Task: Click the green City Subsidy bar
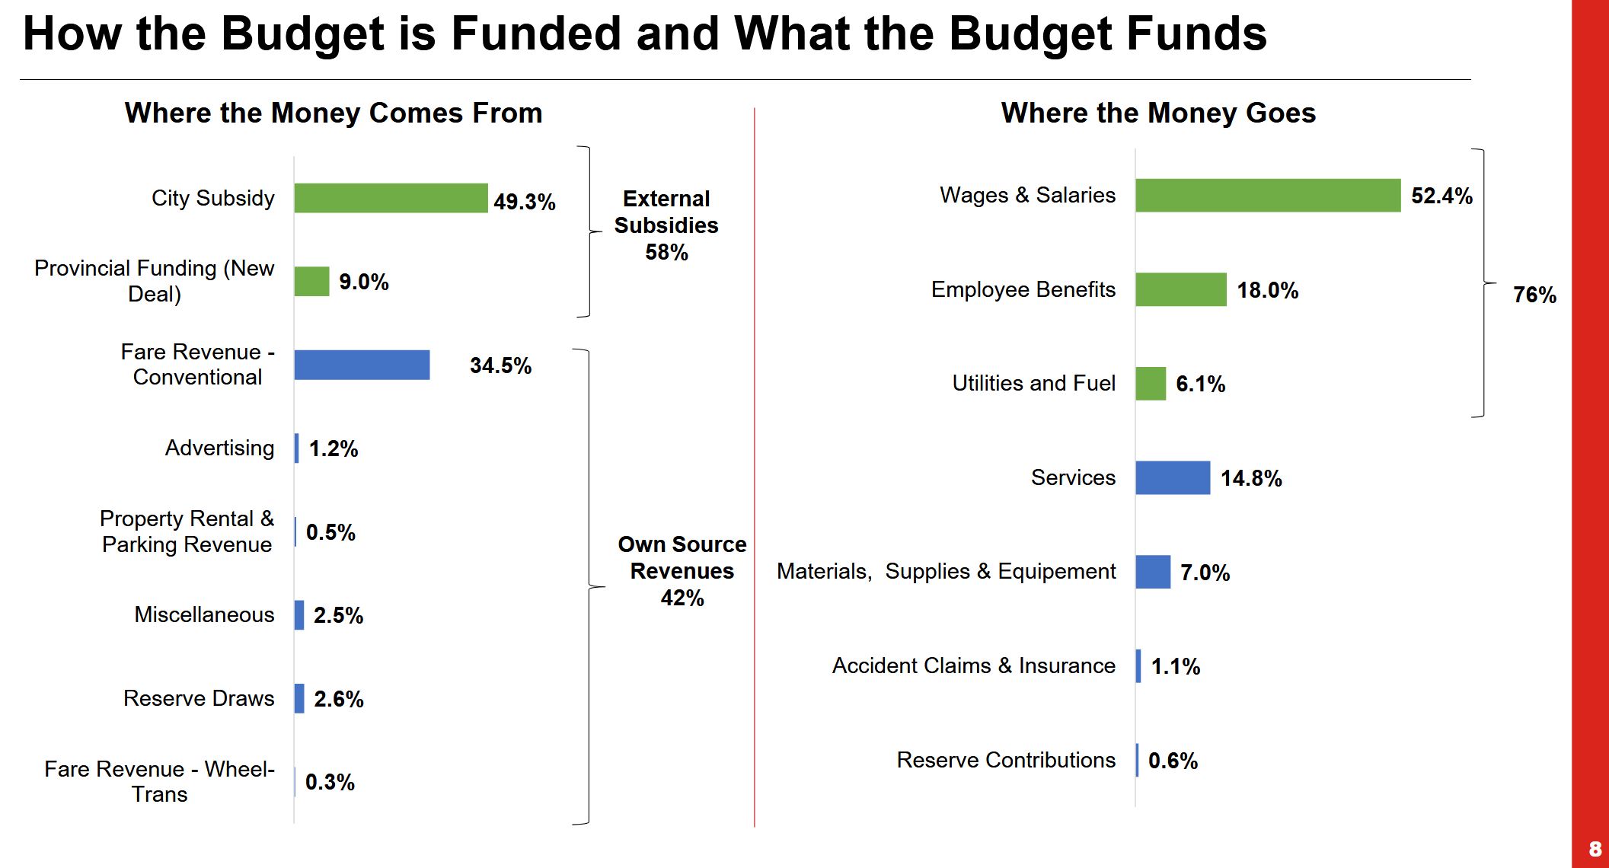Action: (x=391, y=198)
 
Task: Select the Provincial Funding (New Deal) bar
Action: (x=311, y=282)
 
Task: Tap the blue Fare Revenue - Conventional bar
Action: (x=362, y=365)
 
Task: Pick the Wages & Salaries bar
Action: (x=1267, y=196)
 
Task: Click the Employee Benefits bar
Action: (x=1180, y=290)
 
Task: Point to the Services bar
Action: (x=1172, y=478)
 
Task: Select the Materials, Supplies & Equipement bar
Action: (x=1152, y=572)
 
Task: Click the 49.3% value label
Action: (x=524, y=202)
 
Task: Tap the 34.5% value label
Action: (x=500, y=365)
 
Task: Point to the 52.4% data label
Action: (x=1441, y=196)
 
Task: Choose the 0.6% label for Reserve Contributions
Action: (x=1173, y=761)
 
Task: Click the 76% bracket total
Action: (x=1534, y=295)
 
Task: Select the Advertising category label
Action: (x=219, y=448)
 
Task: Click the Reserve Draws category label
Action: (x=199, y=698)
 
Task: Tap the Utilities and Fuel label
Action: (x=1033, y=383)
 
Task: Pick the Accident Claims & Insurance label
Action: (x=973, y=665)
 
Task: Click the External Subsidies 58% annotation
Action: (x=666, y=225)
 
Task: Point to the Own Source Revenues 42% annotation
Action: (x=682, y=571)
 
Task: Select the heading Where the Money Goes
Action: (x=1157, y=113)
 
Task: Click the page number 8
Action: (x=1595, y=849)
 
